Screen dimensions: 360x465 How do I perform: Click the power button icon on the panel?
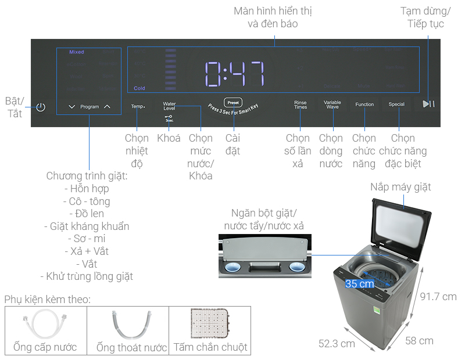tap(40, 107)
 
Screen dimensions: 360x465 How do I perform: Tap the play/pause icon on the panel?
tap(428, 104)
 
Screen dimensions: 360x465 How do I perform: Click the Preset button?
tap(232, 101)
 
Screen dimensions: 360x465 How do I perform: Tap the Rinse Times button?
tap(301, 105)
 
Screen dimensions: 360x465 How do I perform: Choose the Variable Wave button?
tap(332, 105)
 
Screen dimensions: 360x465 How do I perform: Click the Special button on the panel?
tap(396, 105)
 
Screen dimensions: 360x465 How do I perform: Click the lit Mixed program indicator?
tap(77, 52)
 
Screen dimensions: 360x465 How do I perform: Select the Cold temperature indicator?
tap(139, 88)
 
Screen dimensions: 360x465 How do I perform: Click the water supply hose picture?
tap(45, 326)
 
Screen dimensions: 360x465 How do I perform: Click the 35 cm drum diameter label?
tap(359, 284)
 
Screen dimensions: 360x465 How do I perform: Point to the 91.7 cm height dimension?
tap(438, 297)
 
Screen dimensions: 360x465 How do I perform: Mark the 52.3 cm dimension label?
tap(337, 343)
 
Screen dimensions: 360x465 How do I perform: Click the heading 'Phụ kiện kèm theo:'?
tap(48, 300)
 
